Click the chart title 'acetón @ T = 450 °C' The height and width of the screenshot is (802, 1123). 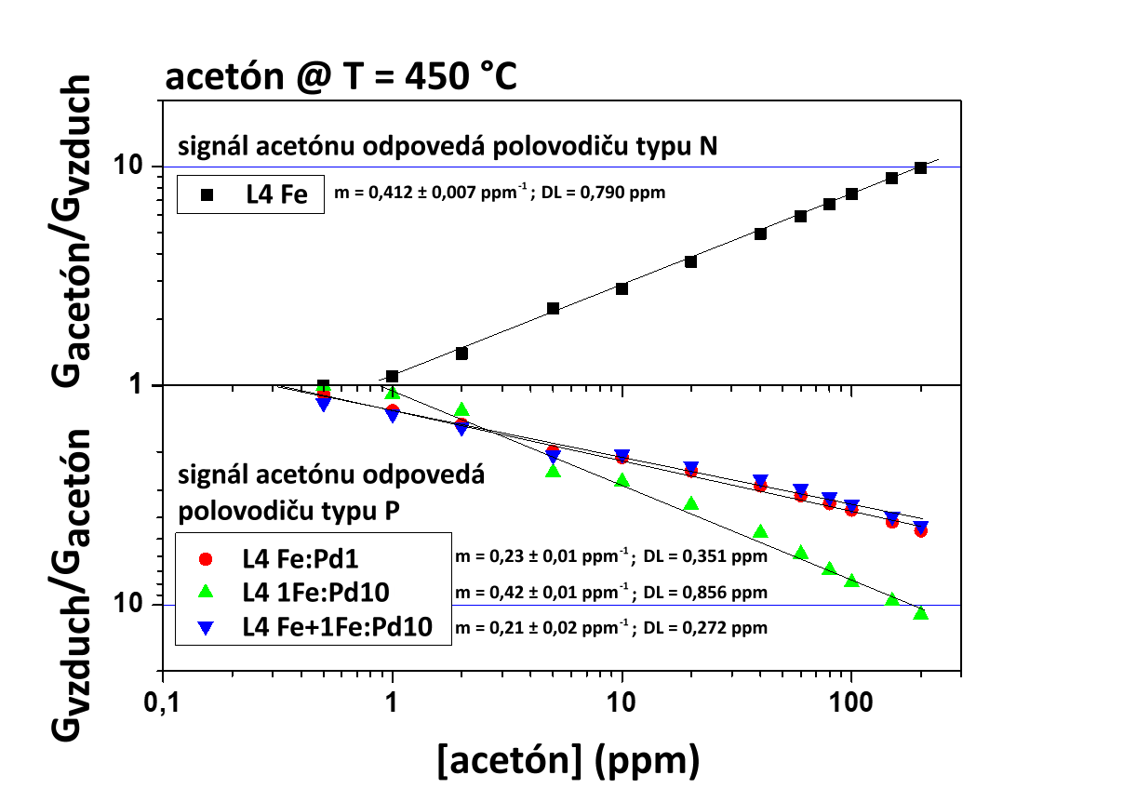[x=341, y=78]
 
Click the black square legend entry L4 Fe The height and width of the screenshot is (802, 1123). [x=207, y=195]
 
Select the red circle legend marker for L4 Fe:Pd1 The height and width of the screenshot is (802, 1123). [x=207, y=559]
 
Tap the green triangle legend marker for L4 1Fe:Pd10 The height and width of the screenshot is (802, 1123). [x=207, y=593]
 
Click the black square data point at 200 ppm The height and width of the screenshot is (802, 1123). [x=920, y=167]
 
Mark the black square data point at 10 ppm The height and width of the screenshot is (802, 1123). [x=622, y=288]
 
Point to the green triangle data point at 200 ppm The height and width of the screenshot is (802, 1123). [x=920, y=613]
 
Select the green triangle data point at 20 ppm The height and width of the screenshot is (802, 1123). [x=690, y=503]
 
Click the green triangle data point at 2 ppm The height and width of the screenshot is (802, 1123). [x=461, y=410]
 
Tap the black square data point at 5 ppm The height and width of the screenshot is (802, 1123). [x=553, y=308]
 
